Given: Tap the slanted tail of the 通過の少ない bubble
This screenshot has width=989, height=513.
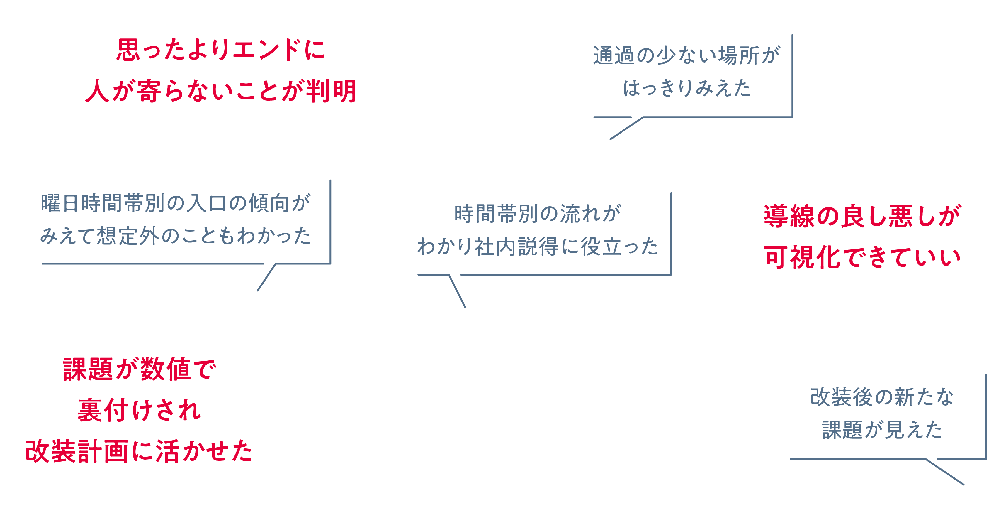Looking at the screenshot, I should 626,128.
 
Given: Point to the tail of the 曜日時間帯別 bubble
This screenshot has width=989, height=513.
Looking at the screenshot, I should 266,277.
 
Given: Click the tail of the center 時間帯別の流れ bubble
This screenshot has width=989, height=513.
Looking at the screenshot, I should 457,291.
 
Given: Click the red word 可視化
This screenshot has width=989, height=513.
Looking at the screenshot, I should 803,257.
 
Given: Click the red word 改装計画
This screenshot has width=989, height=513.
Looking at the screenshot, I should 77,451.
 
